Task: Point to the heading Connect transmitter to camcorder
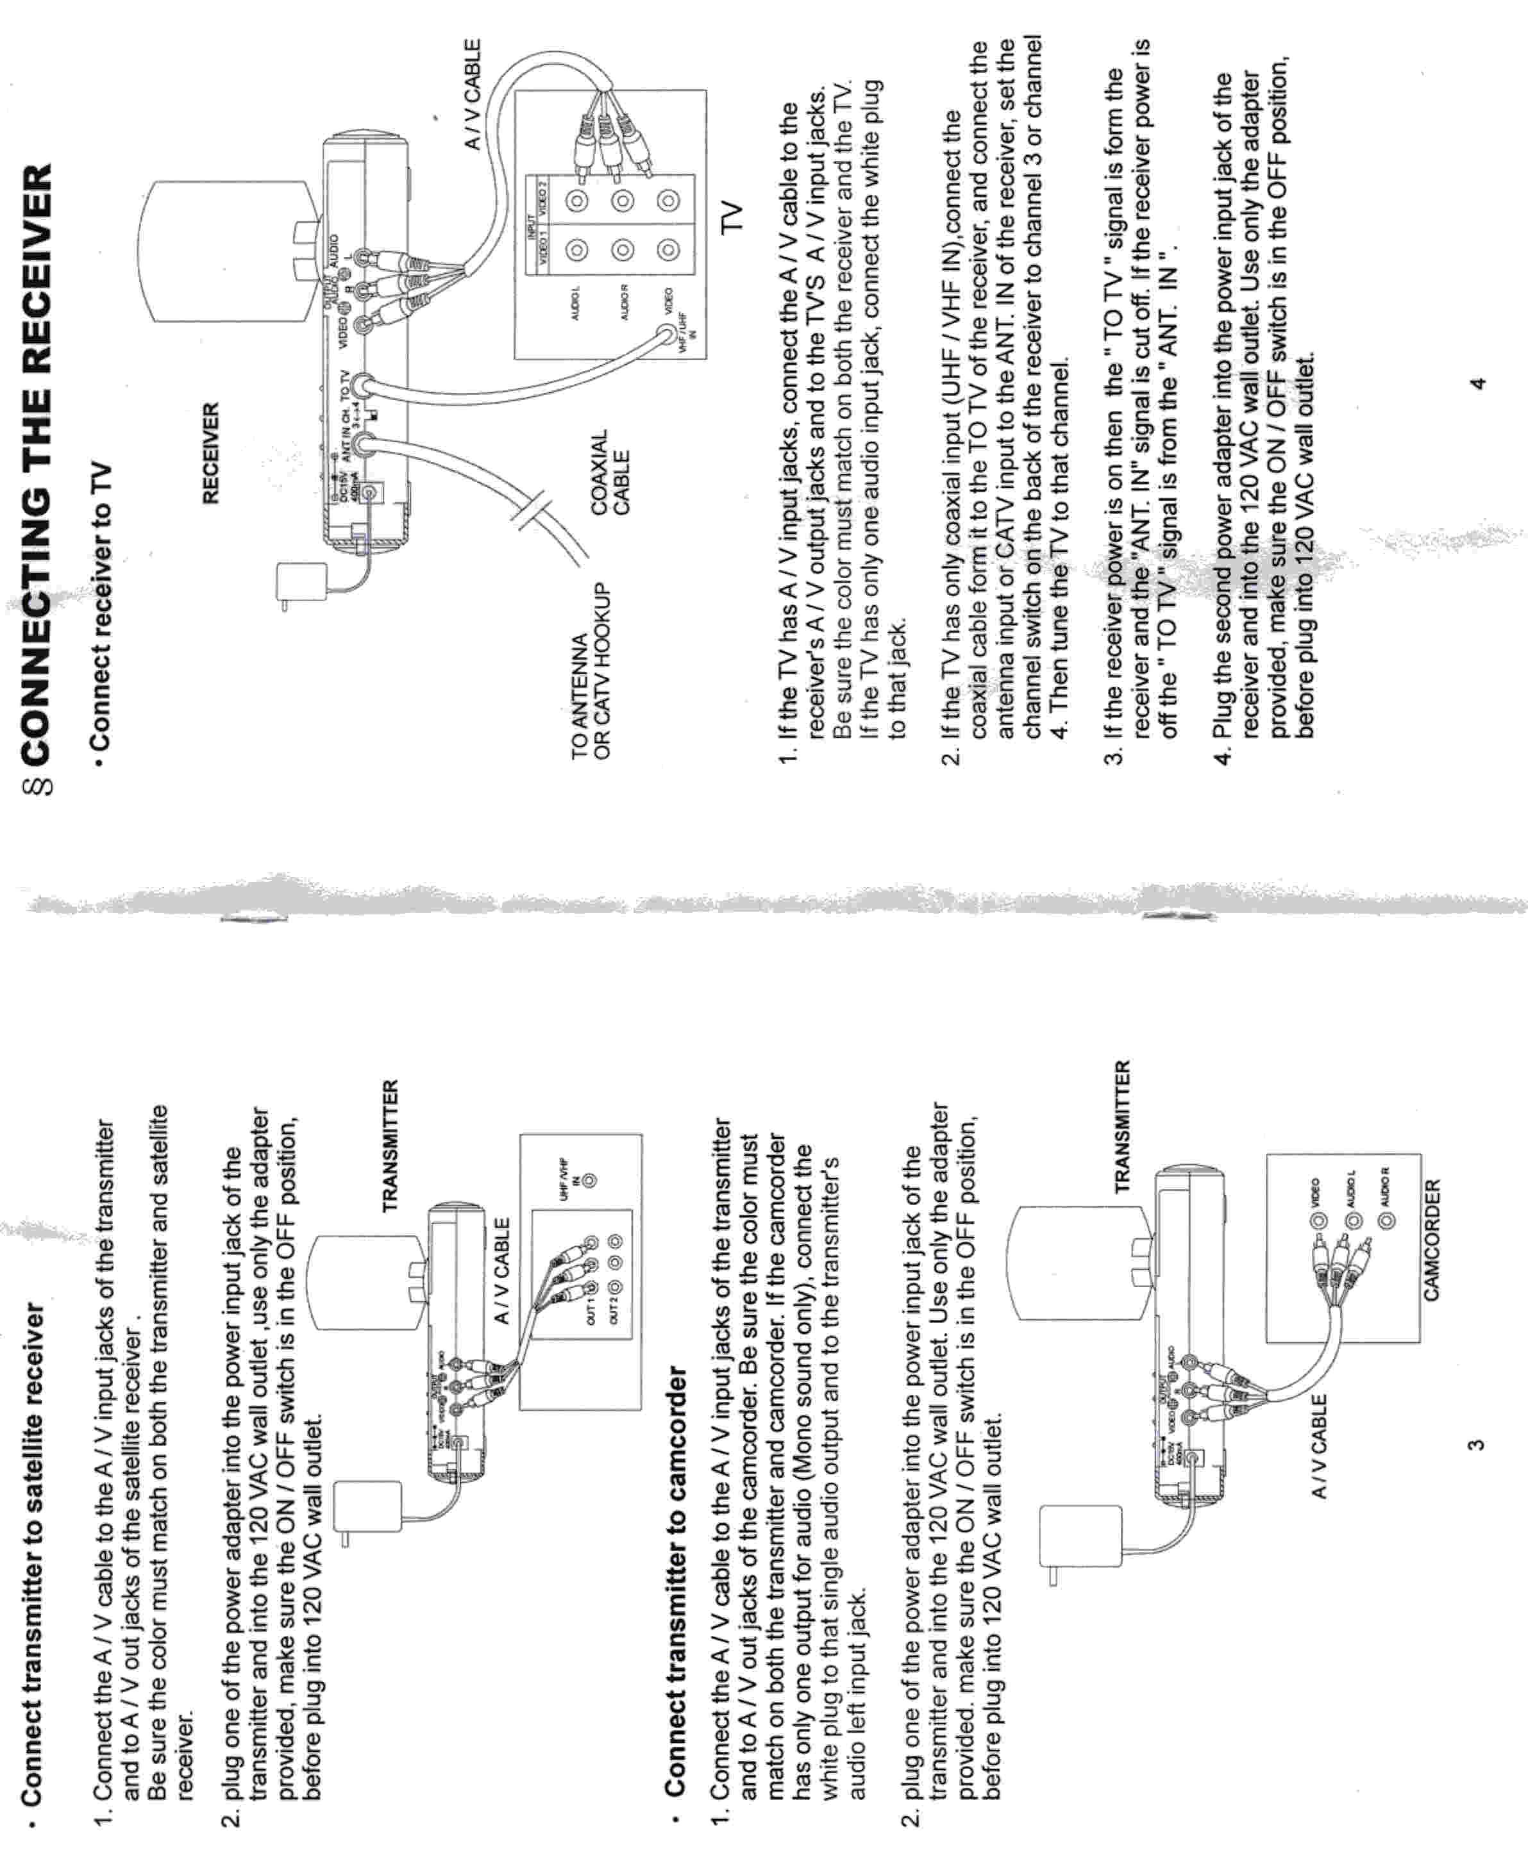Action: pos(676,1536)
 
